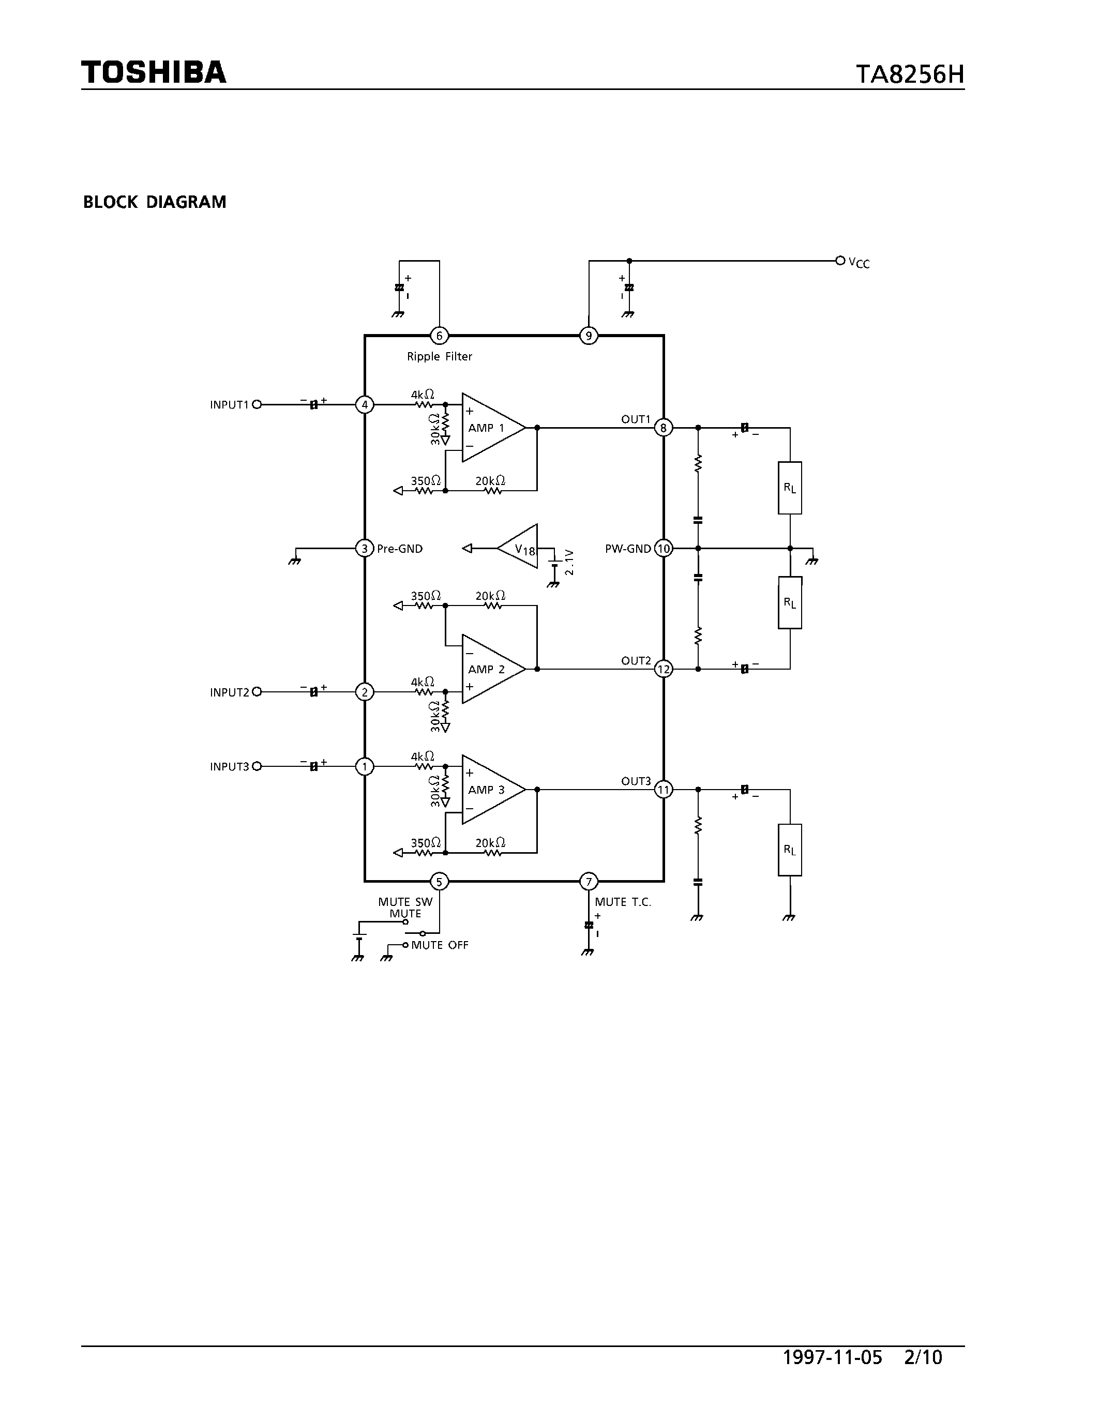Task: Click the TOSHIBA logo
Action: pos(154,72)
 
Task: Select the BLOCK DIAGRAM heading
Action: pos(154,202)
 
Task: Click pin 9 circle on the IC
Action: pos(589,336)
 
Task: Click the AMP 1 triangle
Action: pos(490,428)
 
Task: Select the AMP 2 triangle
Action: pos(490,669)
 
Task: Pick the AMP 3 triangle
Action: pos(490,790)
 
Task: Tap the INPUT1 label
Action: pos(229,405)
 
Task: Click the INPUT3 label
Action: pos(229,767)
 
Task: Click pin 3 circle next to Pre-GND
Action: pos(365,549)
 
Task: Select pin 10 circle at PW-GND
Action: pos(663,549)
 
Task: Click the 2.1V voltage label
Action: pos(569,562)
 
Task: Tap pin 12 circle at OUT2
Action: pos(663,669)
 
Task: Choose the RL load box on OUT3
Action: pos(790,850)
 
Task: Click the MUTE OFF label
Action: pos(440,945)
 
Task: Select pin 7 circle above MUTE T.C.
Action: pos(589,882)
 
